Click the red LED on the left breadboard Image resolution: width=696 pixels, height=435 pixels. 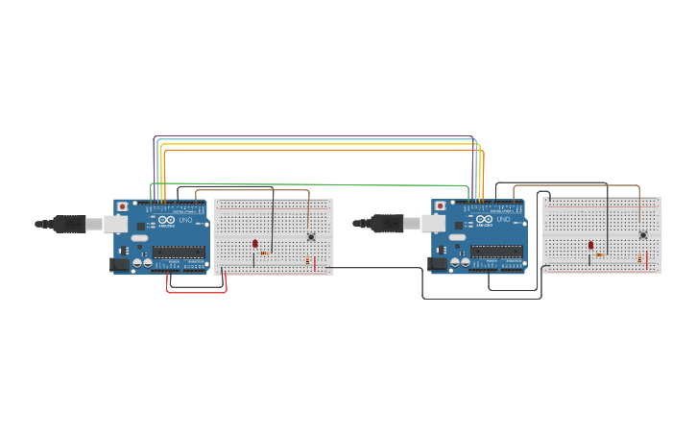click(x=254, y=244)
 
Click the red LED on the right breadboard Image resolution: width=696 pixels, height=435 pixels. click(x=590, y=246)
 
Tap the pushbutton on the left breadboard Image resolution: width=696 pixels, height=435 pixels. click(x=311, y=236)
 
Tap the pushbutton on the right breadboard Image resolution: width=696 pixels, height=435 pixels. click(x=643, y=234)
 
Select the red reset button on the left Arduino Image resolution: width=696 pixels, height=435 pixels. click(x=122, y=206)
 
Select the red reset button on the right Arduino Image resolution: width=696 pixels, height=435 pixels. click(x=441, y=206)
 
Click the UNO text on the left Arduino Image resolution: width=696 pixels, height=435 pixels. click(x=186, y=220)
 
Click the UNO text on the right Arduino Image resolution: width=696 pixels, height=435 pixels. click(x=504, y=220)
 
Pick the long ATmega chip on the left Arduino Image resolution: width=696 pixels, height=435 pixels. click(x=179, y=252)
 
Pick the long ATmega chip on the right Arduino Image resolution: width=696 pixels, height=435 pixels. click(x=497, y=252)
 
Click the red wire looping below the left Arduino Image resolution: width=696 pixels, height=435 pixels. click(x=197, y=291)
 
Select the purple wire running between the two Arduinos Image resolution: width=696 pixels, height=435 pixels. click(x=317, y=136)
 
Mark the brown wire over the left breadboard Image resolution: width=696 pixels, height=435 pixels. click(x=259, y=190)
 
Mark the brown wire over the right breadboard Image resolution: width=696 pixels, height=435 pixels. click(x=576, y=185)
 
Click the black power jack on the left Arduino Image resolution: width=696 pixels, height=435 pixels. click(x=120, y=264)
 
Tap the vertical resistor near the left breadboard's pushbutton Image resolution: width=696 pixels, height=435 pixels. click(x=307, y=260)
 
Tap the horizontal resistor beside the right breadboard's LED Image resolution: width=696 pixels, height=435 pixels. click(x=600, y=254)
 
